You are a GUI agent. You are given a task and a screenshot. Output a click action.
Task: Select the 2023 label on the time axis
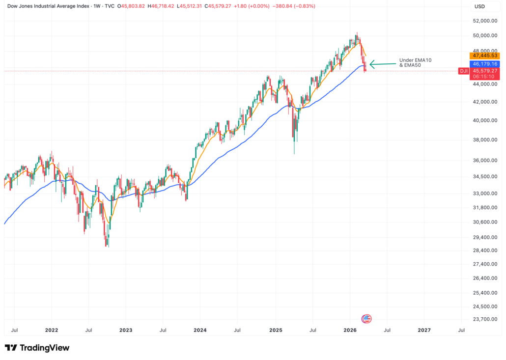click(x=125, y=331)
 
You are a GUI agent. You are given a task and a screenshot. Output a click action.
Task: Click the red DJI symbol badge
click(x=463, y=71)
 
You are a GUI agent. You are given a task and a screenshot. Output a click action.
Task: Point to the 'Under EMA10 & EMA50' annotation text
click(x=415, y=62)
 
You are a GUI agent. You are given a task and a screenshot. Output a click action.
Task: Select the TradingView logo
click(x=37, y=348)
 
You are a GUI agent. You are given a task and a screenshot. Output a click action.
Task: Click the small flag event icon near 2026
click(x=366, y=319)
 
